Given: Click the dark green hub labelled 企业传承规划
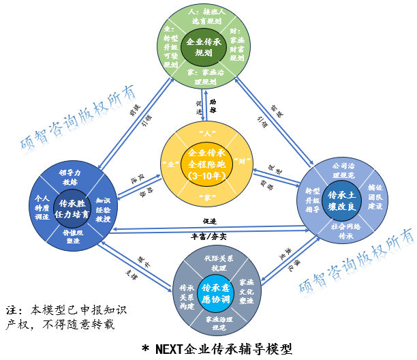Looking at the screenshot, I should [203, 47].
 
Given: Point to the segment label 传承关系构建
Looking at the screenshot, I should [185, 292].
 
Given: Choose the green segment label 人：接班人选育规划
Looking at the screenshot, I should [203, 16].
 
